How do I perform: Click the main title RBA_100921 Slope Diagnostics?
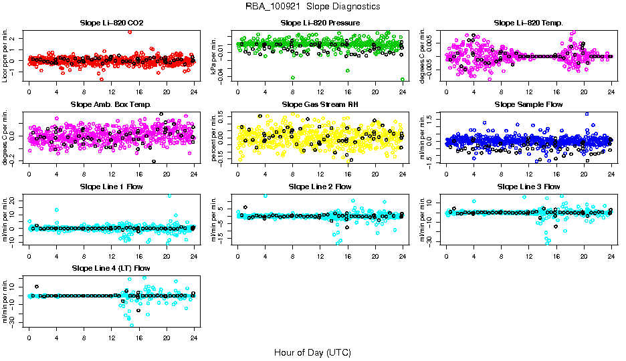[x=313, y=6]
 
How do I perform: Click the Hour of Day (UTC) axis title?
[x=312, y=352]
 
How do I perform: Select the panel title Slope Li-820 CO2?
[x=111, y=23]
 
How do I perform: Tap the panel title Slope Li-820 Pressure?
[x=320, y=23]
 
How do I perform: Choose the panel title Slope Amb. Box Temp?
[x=111, y=105]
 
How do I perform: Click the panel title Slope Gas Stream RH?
[x=320, y=105]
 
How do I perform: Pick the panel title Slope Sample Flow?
[x=528, y=105]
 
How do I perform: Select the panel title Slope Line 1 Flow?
[x=111, y=187]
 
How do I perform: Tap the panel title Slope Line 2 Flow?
[x=320, y=187]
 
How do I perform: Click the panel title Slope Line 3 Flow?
[x=528, y=187]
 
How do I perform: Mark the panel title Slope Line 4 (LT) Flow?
[x=111, y=268]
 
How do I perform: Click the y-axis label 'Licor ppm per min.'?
[x=5, y=56]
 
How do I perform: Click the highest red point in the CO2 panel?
[x=130, y=31]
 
